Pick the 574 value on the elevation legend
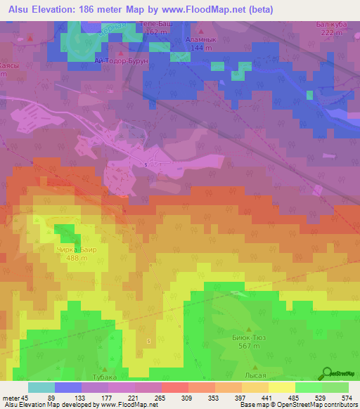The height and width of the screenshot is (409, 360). point(346,397)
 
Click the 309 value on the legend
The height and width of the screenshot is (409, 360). point(186,397)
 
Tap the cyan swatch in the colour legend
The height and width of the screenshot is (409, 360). point(41,387)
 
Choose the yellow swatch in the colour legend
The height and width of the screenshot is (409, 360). point(282,387)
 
